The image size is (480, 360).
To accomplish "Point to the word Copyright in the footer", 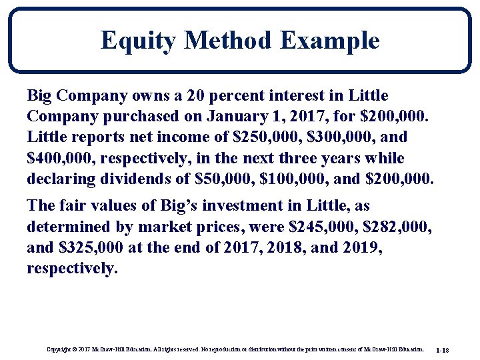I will [x=61, y=349].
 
